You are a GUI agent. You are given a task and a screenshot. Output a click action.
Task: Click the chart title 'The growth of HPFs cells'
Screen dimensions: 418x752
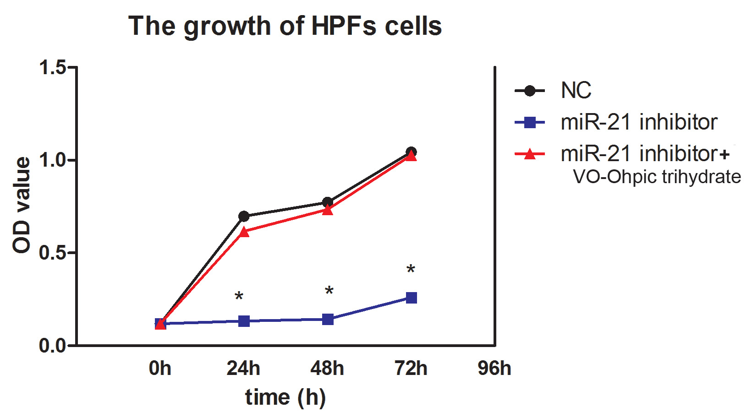285,26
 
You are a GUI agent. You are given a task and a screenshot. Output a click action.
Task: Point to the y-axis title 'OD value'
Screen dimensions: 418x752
22,205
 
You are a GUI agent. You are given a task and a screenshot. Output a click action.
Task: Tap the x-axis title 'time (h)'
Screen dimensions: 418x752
285,397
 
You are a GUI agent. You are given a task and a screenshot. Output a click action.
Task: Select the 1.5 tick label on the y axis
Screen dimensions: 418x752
53,68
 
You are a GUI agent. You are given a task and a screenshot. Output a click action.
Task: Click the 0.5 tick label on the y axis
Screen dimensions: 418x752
53,253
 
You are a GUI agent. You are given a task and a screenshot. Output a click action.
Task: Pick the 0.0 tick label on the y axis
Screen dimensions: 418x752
53,346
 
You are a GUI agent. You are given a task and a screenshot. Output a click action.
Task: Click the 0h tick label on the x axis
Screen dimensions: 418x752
160,368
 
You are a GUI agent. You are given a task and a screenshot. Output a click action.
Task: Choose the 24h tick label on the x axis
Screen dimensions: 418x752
243,368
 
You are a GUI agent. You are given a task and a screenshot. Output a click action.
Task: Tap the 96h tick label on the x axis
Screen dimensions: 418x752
494,368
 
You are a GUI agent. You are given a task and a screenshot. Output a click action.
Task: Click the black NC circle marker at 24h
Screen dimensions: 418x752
244,216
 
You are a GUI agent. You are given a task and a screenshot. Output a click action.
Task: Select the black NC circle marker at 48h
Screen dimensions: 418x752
328,202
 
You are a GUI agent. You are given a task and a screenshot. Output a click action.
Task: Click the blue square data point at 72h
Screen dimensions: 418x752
412,298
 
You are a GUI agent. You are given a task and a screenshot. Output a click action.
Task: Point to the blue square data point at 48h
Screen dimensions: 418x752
328,319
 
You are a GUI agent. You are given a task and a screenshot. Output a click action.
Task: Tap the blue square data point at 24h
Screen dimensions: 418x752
244,321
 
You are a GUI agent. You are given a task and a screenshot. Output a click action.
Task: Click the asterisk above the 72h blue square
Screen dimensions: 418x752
411,269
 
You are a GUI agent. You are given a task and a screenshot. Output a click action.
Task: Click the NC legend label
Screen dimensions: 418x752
576,91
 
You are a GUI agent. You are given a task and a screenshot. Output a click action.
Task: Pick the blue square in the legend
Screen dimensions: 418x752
530,122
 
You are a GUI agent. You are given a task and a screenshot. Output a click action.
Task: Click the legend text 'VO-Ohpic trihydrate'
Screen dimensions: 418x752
657,177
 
